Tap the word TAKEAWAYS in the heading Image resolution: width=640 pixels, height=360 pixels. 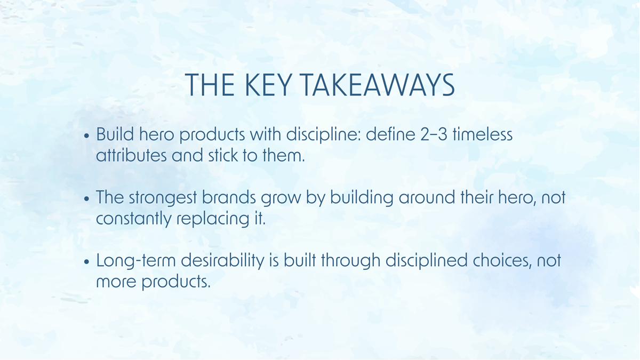380,86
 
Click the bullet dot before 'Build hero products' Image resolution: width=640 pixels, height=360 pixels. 88,136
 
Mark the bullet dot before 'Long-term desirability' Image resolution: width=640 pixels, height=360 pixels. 88,263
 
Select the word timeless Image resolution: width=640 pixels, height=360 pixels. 482,134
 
